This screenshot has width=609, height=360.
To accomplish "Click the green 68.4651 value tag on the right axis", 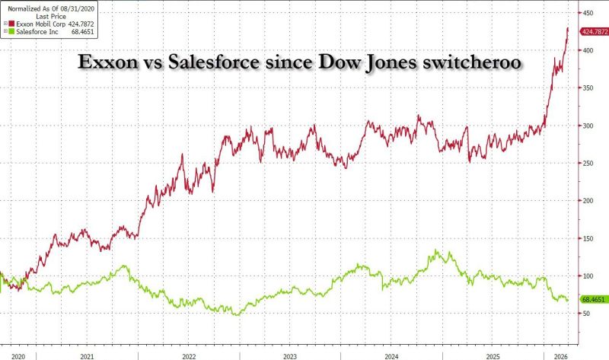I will click(593, 299).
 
